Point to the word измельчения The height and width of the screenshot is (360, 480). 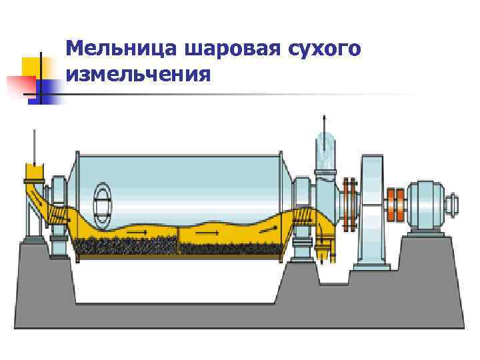click(139, 72)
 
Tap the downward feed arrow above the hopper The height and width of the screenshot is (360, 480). click(33, 145)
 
